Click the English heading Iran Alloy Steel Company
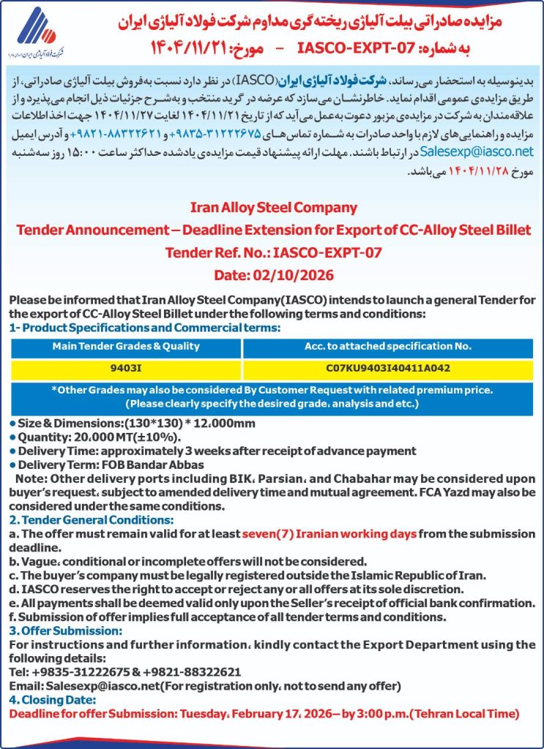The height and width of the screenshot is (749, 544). pyautogui.click(x=272, y=208)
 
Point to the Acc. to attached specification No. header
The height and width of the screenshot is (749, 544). pyautogui.click(x=387, y=346)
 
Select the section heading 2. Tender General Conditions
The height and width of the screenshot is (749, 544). pyautogui.click(x=92, y=520)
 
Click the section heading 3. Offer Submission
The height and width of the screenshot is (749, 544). pyautogui.click(x=66, y=631)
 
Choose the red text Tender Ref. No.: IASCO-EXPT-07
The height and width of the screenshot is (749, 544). pyautogui.click(x=272, y=253)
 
